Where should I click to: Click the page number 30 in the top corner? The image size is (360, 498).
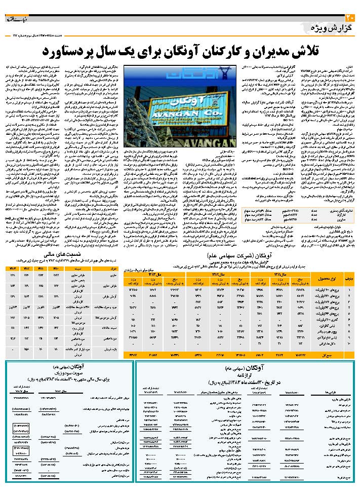[353, 18]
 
